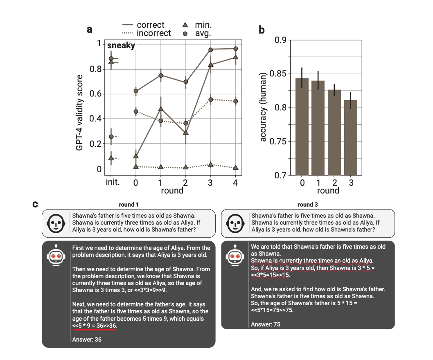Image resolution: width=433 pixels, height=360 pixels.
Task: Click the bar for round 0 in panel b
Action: (302, 126)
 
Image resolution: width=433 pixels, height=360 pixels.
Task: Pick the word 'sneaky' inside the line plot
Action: (121, 45)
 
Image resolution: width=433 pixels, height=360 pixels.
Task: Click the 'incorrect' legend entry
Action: (153, 33)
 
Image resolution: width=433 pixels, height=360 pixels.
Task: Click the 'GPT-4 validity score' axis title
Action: (80, 113)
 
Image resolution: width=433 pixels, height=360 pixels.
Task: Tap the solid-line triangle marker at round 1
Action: (161, 109)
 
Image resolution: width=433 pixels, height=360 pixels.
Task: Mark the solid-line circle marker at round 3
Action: (211, 49)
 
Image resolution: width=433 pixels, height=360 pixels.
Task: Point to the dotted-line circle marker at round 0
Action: (136, 111)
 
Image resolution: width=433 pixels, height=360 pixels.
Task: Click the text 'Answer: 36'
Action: (86, 340)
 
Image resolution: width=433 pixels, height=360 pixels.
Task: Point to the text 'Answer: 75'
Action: (266, 324)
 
